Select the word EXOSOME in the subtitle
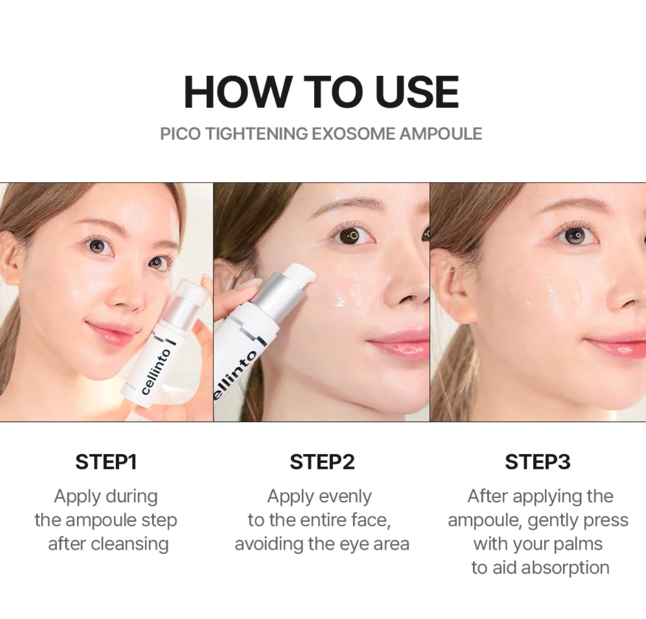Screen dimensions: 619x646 point(354,134)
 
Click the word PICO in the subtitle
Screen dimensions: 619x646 point(180,134)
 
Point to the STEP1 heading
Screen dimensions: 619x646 point(106,462)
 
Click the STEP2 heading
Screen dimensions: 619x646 point(322,462)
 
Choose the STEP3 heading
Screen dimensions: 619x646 point(537,462)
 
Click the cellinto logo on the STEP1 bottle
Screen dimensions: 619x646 point(156,371)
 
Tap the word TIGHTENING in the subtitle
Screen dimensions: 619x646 point(256,134)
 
